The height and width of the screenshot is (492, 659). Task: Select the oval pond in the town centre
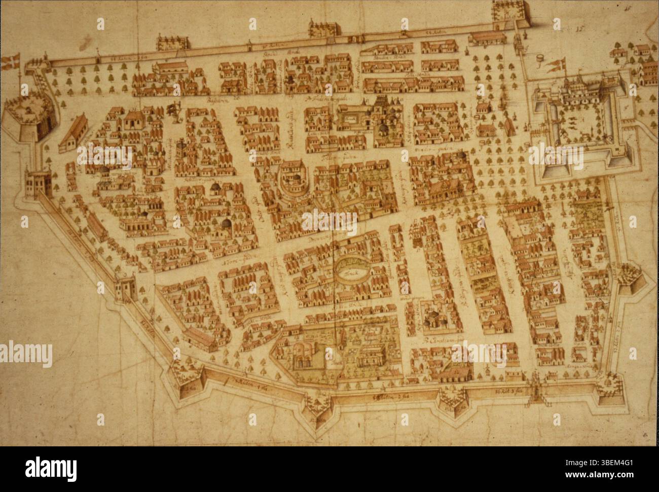(350, 265)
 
